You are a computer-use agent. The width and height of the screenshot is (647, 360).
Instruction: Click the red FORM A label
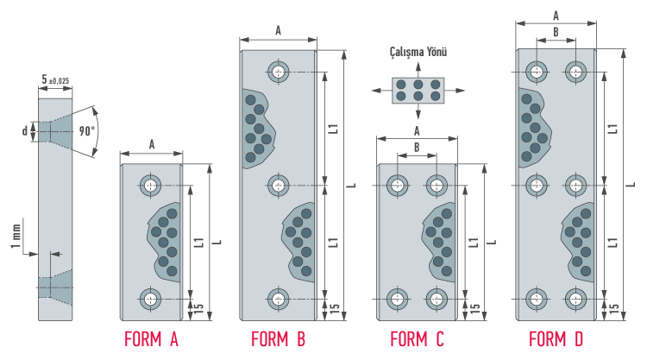(151, 339)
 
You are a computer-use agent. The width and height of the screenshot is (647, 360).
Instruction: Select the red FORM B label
(278, 339)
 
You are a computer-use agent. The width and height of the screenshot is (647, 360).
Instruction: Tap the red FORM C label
(417, 339)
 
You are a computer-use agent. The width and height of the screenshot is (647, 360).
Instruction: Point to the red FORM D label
(556, 339)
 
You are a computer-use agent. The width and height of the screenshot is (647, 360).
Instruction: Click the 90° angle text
(86, 132)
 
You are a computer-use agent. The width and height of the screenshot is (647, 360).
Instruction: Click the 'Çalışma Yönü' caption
(418, 52)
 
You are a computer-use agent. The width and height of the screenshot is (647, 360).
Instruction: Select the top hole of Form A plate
(152, 185)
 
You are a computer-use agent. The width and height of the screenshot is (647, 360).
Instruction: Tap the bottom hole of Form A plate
(152, 299)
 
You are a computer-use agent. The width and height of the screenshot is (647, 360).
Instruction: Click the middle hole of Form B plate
(278, 185)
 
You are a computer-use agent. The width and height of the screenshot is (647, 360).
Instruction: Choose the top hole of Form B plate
(278, 71)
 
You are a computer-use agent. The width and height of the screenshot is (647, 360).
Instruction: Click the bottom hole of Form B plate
(278, 299)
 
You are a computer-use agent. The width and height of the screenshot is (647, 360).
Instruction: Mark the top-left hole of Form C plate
(398, 185)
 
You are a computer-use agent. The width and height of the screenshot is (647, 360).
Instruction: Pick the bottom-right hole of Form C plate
(437, 299)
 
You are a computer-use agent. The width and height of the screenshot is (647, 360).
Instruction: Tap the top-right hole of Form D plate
(575, 71)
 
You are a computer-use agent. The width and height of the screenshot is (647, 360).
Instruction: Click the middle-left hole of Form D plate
(537, 185)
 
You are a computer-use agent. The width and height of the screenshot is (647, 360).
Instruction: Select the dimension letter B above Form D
(556, 32)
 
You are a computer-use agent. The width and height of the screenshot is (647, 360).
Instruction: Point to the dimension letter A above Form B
(278, 30)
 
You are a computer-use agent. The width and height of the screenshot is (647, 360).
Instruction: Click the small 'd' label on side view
(25, 131)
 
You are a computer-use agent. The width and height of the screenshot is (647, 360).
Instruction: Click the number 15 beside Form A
(198, 308)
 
